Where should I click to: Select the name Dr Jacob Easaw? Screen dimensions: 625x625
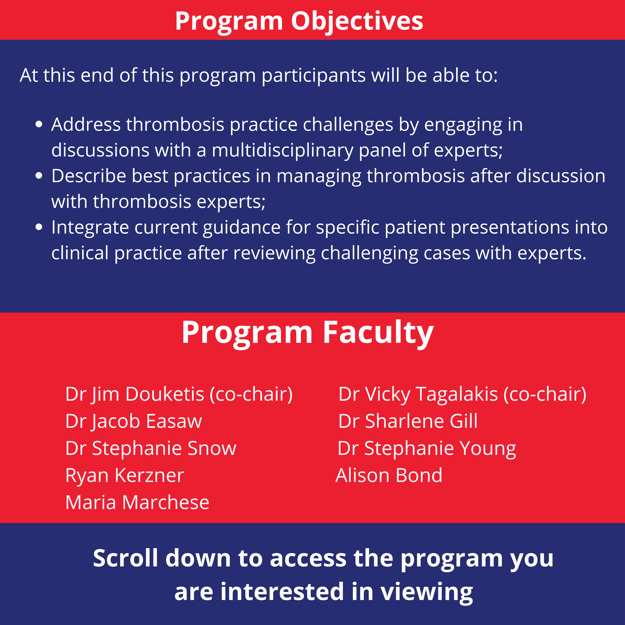point(133,421)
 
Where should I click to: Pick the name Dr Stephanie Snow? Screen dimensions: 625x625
point(151,448)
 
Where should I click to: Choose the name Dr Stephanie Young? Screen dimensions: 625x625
point(427,448)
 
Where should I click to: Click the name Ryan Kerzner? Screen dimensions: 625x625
point(125,475)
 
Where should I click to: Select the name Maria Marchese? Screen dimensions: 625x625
point(137,502)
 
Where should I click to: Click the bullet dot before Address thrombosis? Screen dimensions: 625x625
point(39,124)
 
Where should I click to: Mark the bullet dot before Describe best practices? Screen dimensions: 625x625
point(39,176)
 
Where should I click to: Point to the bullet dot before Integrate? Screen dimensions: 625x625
point(39,227)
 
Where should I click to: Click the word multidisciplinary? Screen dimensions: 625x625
point(282,150)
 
